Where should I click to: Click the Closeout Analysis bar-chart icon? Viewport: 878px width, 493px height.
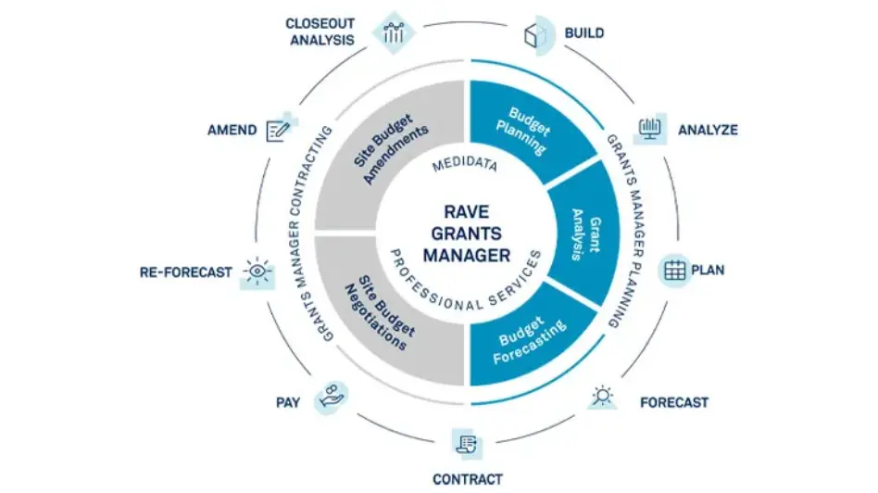click(x=393, y=33)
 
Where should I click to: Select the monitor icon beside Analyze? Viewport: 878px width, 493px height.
click(x=649, y=129)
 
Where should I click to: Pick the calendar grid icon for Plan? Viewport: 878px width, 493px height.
click(x=675, y=271)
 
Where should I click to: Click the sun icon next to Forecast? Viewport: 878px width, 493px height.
click(x=603, y=397)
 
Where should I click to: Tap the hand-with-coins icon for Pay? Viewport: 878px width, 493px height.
click(x=330, y=397)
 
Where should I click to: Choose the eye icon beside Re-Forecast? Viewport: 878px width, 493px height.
click(x=257, y=272)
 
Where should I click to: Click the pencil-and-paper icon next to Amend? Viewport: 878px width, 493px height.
click(x=278, y=129)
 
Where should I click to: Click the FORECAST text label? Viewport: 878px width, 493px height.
click(x=674, y=402)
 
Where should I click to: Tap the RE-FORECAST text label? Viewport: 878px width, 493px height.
click(x=186, y=273)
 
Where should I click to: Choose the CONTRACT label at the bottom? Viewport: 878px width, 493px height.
click(x=468, y=479)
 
